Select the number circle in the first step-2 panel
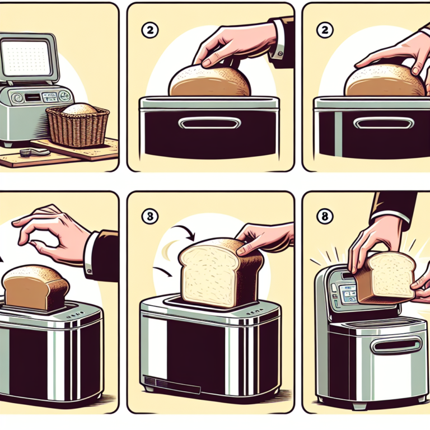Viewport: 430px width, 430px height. coord(148,32)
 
